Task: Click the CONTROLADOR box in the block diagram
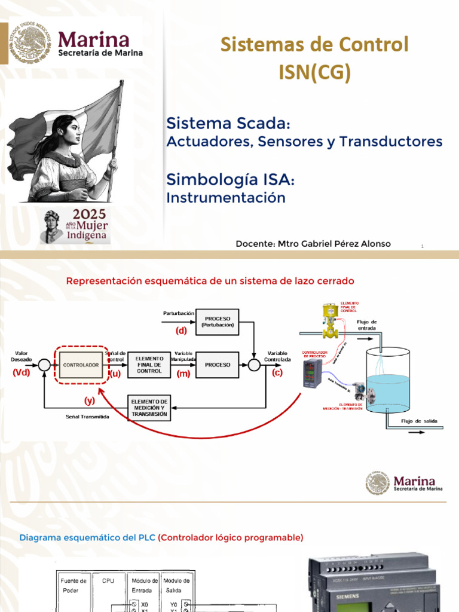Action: click(x=81, y=365)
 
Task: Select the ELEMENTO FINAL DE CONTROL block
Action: click(x=149, y=365)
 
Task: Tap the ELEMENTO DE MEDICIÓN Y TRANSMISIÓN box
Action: click(x=149, y=408)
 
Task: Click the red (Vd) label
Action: click(x=21, y=372)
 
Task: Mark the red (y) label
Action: click(x=90, y=400)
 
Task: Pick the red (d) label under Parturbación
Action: click(x=180, y=330)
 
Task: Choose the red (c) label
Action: click(x=277, y=372)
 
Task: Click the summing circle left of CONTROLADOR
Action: click(x=44, y=364)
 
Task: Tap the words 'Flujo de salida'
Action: click(x=419, y=421)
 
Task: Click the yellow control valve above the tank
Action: click(x=329, y=320)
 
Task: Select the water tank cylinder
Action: click(x=386, y=382)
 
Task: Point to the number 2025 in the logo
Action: click(x=89, y=215)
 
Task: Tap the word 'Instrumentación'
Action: click(x=226, y=197)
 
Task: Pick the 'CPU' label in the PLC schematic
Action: click(x=108, y=580)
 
